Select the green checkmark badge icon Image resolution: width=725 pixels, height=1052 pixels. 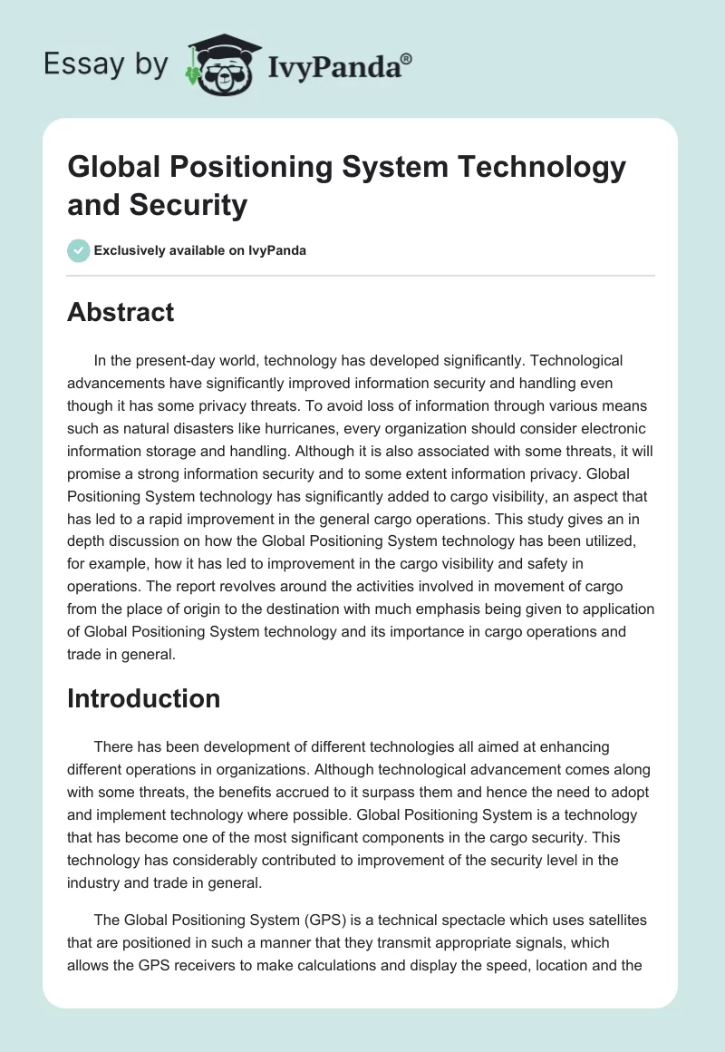coord(79,250)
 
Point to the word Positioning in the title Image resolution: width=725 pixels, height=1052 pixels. coord(244,168)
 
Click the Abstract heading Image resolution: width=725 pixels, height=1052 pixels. coord(121,312)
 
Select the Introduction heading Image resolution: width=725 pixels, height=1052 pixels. coord(143,698)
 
